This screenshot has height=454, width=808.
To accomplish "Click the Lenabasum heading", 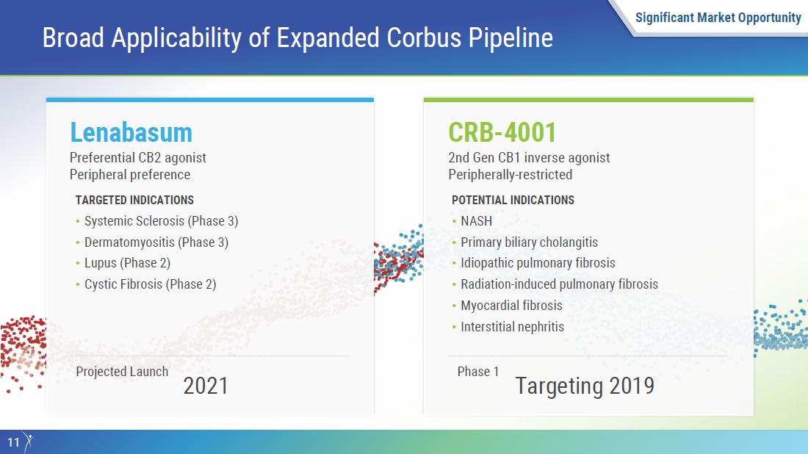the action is point(131,132).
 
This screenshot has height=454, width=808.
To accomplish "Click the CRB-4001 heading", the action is point(502,132).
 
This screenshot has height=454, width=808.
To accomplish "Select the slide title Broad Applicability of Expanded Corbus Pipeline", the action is point(297,38).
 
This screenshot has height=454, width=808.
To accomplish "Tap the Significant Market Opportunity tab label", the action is point(718,18).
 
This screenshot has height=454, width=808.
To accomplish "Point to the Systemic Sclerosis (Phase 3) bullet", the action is point(162,221).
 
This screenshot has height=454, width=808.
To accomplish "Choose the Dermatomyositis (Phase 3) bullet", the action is point(156,242).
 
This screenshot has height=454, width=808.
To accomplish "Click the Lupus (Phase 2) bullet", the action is point(127,263).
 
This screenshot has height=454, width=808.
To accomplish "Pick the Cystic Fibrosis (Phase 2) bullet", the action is point(151,284).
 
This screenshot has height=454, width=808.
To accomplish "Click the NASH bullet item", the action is point(476,221).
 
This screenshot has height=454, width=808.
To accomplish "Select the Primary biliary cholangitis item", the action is point(529,242).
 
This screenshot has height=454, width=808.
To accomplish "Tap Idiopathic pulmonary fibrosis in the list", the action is point(538,263).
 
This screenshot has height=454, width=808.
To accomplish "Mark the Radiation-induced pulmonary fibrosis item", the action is point(559,284).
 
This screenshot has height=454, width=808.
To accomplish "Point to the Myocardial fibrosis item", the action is point(511,306).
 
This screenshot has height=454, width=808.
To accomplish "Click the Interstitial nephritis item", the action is point(512,327).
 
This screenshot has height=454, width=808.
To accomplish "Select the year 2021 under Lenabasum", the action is point(206,386).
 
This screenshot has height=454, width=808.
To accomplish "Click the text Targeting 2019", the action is point(585,386).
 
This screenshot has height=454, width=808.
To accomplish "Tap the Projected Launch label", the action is point(122,372).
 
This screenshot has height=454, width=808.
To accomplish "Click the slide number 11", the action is point(13,442).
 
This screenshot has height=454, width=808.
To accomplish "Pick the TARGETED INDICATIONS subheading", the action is point(134,200).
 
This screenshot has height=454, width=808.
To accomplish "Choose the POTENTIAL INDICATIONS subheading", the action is point(513,200).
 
